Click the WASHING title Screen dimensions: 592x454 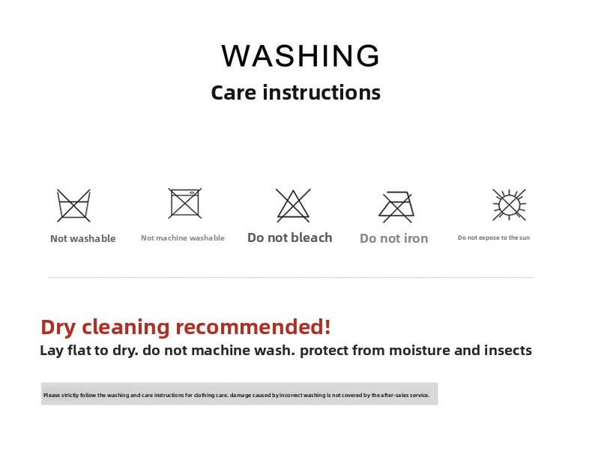(x=300, y=55)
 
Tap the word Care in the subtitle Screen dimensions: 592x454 (x=233, y=92)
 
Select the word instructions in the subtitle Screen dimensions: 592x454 (x=321, y=92)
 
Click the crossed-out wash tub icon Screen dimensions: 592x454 (x=73, y=205)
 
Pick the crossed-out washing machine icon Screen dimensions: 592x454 (x=184, y=203)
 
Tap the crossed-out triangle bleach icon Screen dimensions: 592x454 (x=293, y=205)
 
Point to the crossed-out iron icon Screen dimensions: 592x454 (x=396, y=207)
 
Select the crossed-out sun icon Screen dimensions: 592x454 (x=509, y=205)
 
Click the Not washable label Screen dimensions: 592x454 (x=83, y=238)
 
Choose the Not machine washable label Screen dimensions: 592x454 (x=183, y=237)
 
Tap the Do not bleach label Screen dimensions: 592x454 (x=289, y=237)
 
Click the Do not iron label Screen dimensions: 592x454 (x=393, y=238)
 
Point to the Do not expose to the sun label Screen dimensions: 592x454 (x=494, y=237)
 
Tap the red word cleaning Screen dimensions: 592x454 (x=125, y=327)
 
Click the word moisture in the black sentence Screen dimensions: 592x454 (x=419, y=350)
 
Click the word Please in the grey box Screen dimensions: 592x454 (x=52, y=395)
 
